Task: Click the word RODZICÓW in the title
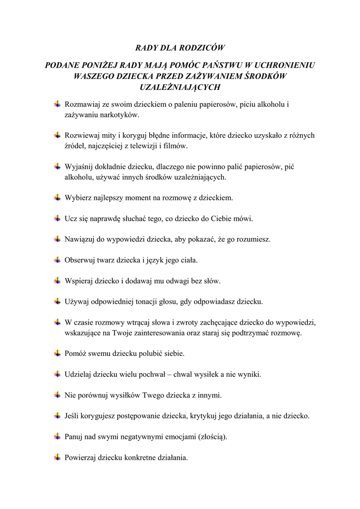pyautogui.click(x=202, y=48)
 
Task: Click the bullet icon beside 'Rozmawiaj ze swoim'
pyautogui.click(x=58, y=104)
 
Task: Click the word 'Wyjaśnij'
pyautogui.click(x=79, y=167)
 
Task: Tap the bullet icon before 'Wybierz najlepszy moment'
pyautogui.click(x=58, y=197)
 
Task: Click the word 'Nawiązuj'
pyautogui.click(x=80, y=239)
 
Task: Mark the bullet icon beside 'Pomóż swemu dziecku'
pyautogui.click(x=58, y=353)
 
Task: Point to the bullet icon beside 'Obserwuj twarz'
pyautogui.click(x=58, y=259)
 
